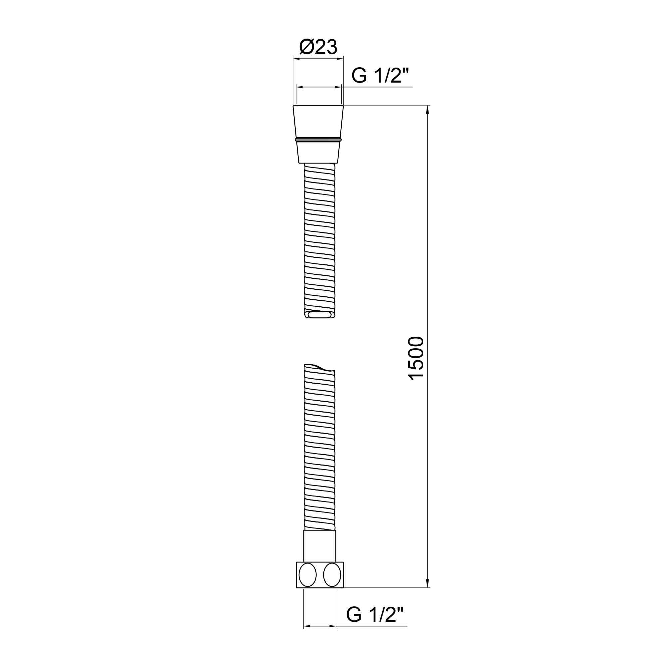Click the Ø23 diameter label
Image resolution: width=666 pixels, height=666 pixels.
point(318,47)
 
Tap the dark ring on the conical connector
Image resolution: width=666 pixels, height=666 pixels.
point(318,140)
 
